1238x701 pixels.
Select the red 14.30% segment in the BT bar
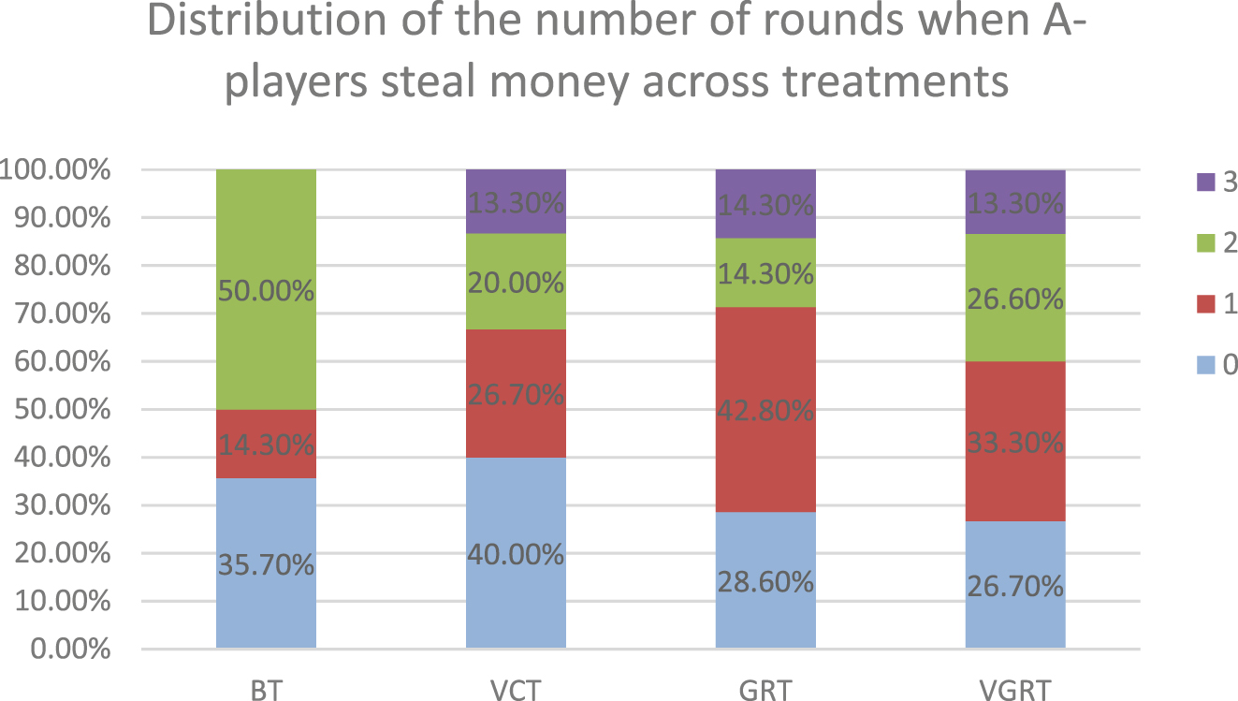[x=266, y=444]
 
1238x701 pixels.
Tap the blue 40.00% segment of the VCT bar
[x=516, y=553]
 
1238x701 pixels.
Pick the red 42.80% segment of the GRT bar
[x=765, y=409]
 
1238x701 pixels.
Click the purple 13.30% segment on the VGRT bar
[x=1015, y=202]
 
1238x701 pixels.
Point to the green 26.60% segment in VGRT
[x=1015, y=299]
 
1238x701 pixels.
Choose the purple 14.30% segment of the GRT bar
[x=765, y=204]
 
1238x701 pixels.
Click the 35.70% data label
[x=266, y=565]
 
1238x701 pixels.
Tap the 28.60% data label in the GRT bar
[x=765, y=582]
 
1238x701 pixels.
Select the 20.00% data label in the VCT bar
[x=516, y=282]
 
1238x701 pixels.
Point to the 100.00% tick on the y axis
[x=56, y=171]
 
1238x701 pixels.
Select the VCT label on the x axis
[x=516, y=691]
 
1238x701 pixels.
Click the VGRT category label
[x=1015, y=691]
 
